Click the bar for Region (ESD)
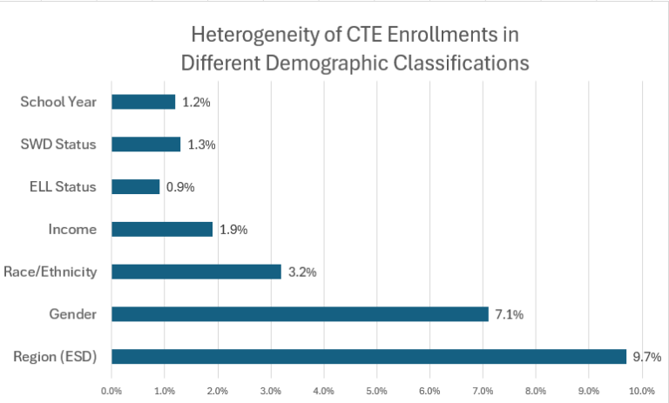368,356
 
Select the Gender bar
300,314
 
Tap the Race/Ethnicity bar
196,272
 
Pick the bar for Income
162,229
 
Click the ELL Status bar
136,186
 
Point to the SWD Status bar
146,144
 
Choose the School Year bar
144,102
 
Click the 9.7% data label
647,357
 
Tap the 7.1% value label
509,314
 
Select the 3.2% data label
301,272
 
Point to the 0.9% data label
180,187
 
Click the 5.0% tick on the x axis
377,391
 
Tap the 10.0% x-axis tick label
642,391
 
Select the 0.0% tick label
111,391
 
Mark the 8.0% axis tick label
536,391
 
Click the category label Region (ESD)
55,356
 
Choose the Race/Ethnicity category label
51,272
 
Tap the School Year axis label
58,102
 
